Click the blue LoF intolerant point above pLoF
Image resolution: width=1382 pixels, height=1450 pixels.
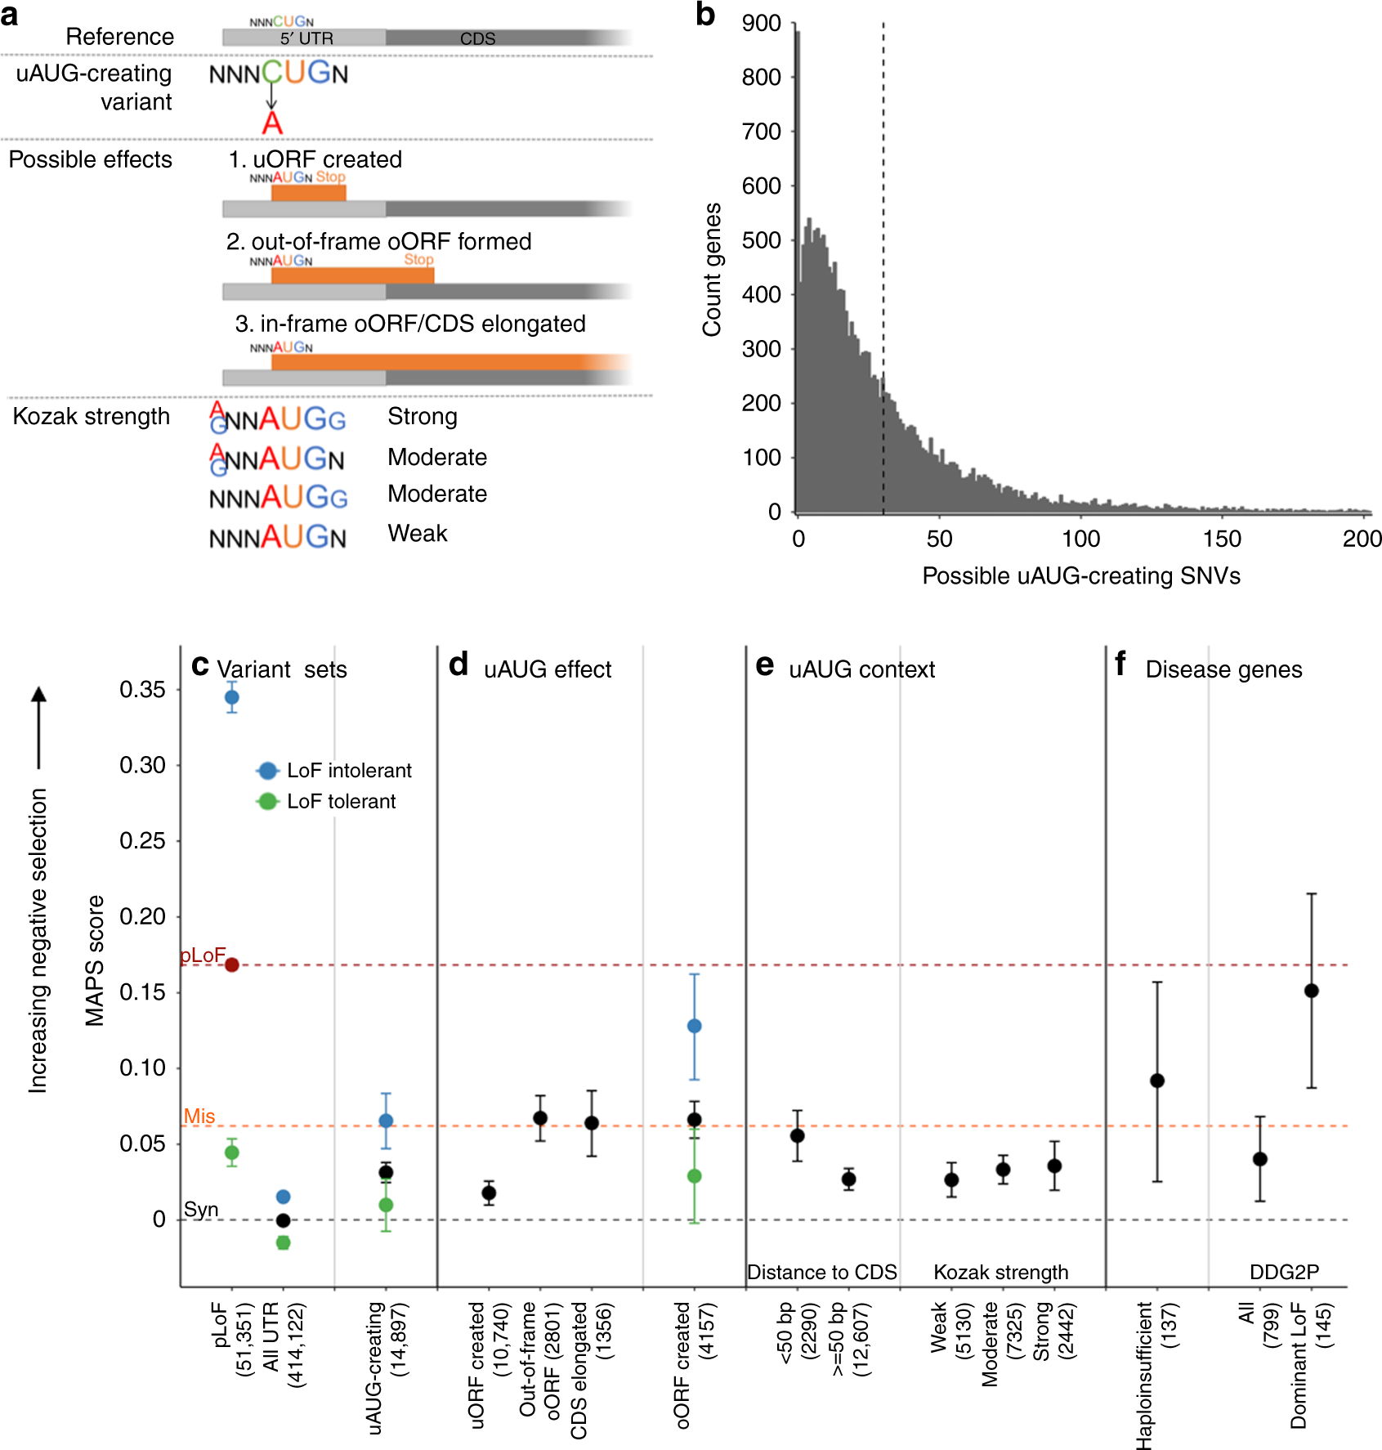[232, 697]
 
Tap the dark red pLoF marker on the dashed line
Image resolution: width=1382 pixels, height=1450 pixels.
[232, 964]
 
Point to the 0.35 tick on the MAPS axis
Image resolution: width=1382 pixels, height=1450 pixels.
[142, 690]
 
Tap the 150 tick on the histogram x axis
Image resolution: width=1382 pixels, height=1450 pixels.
[1222, 539]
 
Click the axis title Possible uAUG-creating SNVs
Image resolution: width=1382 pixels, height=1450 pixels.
[1080, 575]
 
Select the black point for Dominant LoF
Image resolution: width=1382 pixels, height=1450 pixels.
[1312, 991]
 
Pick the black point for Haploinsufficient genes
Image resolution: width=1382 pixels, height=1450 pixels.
[1157, 1081]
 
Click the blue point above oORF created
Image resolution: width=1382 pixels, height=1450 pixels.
[695, 1026]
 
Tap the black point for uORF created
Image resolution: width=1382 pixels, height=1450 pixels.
[489, 1193]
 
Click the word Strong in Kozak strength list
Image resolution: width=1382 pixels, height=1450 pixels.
[422, 416]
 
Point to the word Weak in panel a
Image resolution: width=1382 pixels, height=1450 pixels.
[417, 533]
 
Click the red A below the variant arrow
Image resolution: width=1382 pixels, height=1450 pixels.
[272, 123]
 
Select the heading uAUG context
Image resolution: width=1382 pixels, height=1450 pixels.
[861, 669]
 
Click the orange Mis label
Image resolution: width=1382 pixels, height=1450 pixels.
[199, 1116]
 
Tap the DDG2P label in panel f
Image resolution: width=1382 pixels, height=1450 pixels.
[1284, 1272]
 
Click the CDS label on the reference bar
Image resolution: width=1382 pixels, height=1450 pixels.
[477, 38]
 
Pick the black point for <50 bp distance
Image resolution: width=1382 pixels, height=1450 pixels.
[798, 1135]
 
